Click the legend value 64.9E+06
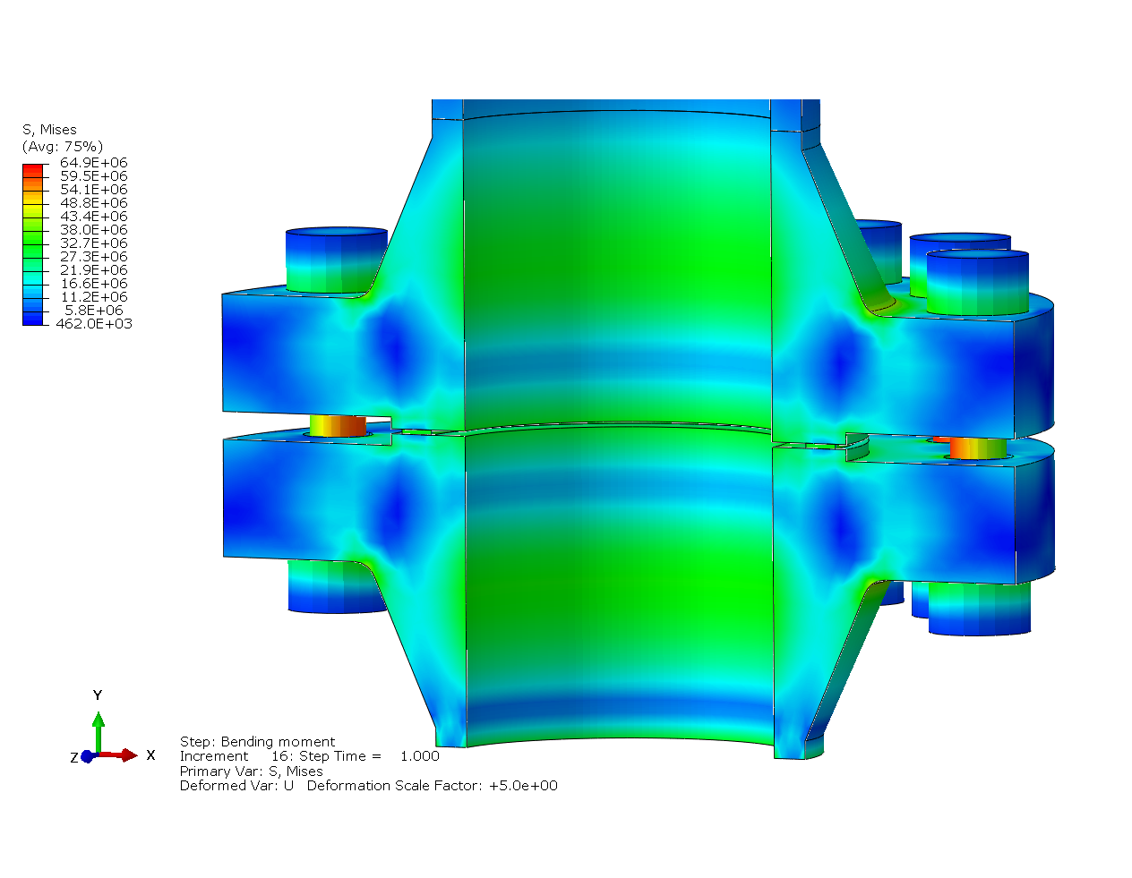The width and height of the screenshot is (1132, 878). pos(93,163)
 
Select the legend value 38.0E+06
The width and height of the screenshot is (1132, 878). pos(93,230)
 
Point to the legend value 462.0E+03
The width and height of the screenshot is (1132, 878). pos(93,324)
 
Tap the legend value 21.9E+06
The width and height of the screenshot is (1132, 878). pos(93,270)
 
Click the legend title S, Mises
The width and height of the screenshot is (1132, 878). pos(49,130)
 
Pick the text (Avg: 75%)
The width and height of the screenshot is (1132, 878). pos(62,147)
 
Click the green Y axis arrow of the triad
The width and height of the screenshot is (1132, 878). pos(99,729)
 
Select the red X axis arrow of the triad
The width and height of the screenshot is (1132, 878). pos(122,755)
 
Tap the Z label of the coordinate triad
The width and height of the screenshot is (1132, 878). pos(74,758)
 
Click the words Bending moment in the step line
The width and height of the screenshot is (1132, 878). pos(278,742)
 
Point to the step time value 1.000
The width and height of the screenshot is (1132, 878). pos(419,756)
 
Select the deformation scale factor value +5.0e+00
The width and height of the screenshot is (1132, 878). pos(523,786)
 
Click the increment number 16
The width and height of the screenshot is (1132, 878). pos(279,756)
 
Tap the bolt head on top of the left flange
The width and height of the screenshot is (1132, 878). pos(336,260)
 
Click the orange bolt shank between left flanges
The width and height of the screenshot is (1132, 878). pos(338,426)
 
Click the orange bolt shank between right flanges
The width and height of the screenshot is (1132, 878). pos(978,448)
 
